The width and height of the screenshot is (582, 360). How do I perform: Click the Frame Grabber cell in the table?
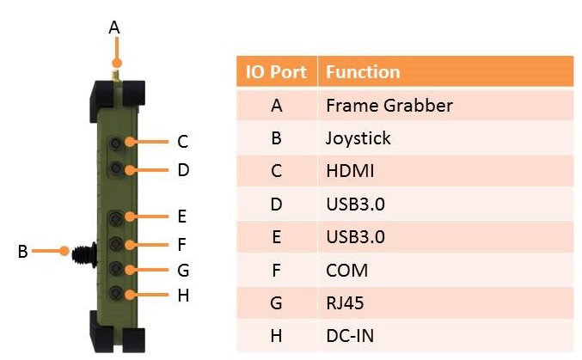click(x=389, y=106)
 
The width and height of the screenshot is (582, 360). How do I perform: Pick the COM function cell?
click(x=346, y=270)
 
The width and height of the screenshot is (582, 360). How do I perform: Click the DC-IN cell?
click(x=350, y=336)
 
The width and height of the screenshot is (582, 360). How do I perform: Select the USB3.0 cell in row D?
click(x=354, y=204)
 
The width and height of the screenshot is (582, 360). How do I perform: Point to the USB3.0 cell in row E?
click(x=354, y=237)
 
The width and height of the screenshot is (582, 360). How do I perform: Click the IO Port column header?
click(x=276, y=72)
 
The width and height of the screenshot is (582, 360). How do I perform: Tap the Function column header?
click(x=363, y=72)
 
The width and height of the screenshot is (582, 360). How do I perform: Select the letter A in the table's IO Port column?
click(x=276, y=106)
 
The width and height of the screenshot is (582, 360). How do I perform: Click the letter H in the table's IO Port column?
click(x=276, y=336)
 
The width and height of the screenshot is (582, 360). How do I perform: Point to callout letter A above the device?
click(x=114, y=27)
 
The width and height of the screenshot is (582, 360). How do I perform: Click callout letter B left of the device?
click(x=22, y=252)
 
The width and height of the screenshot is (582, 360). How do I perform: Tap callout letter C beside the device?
click(x=182, y=142)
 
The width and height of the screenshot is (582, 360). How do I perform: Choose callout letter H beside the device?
click(x=182, y=296)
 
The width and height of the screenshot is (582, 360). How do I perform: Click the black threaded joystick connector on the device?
click(x=83, y=253)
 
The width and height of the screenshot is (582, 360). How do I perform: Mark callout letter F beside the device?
click(x=182, y=245)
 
